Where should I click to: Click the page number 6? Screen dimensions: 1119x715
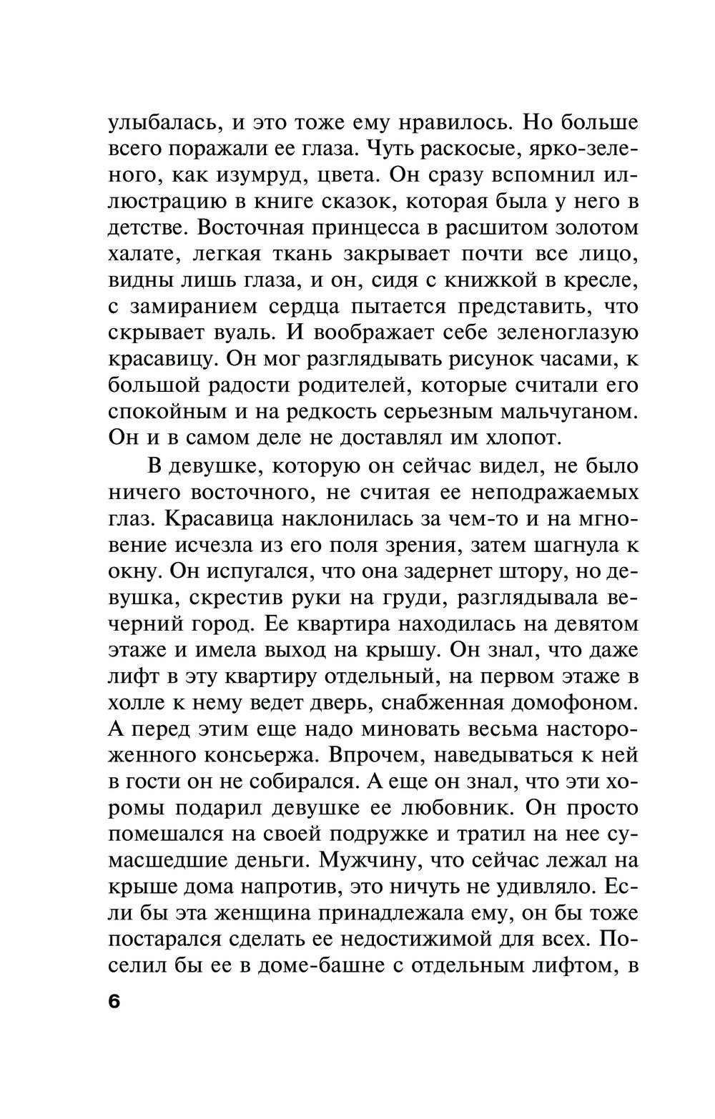115,1001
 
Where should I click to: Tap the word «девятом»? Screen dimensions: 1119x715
588,624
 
